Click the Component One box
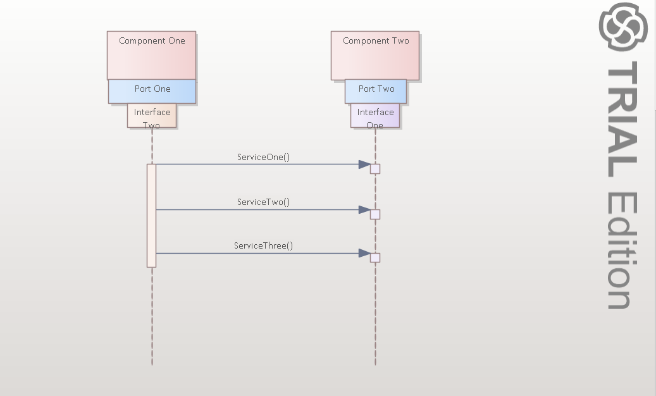[152, 55]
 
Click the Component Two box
[375, 55]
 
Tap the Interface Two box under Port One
[152, 116]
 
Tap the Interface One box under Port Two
[375, 116]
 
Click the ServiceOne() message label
[263, 157]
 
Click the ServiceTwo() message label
[263, 202]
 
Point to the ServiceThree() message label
[263, 245]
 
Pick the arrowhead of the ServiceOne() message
[364, 164]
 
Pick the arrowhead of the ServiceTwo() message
[364, 209]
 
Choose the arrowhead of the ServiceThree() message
[364, 253]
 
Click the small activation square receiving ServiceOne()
[375, 169]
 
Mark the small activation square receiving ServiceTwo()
[375, 214]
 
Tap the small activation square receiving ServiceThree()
[375, 257]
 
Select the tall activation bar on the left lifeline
[151, 215]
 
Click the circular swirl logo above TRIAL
[624, 27]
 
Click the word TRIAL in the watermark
[622, 120]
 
